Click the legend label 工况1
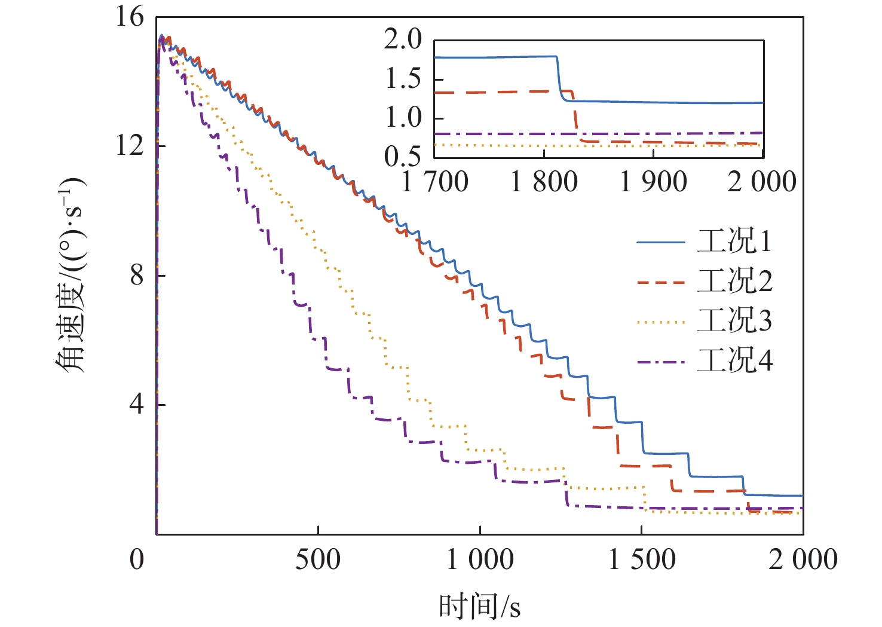(734, 241)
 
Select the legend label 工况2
(734, 281)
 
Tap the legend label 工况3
(734, 321)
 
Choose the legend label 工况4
(734, 361)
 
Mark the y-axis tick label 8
(137, 275)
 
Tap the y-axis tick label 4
(137, 405)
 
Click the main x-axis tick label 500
(318, 560)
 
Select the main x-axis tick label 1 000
(480, 560)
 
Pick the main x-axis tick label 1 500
(642, 560)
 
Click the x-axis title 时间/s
(480, 607)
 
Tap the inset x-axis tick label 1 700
(435, 182)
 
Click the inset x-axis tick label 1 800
(544, 182)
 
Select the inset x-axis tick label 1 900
(653, 182)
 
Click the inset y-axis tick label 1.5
(403, 79)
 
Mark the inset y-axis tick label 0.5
(403, 157)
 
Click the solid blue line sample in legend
(660, 242)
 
